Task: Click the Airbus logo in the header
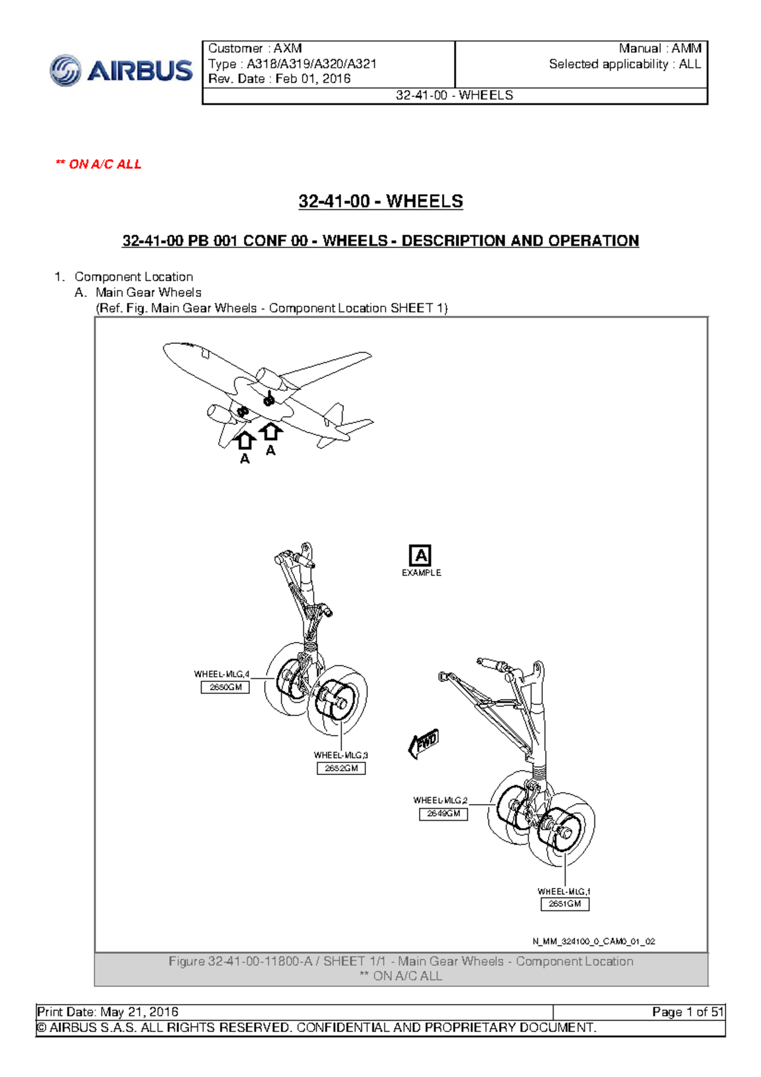coord(121,70)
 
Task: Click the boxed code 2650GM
coord(225,687)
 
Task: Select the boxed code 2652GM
coord(341,768)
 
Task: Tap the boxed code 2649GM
coord(443,813)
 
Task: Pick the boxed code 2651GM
coord(564,904)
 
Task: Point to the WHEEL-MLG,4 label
coord(221,674)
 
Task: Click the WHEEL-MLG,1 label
coord(564,891)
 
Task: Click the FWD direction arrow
coord(424,743)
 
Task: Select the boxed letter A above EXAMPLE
coord(420,556)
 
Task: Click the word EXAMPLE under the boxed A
coord(421,573)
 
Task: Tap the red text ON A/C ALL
coord(99,164)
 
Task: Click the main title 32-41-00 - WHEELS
coord(380,202)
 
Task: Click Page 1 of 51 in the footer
coord(687,1012)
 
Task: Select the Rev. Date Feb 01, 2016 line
coord(279,79)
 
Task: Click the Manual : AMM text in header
coord(660,48)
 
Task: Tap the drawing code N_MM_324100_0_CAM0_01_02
coord(594,941)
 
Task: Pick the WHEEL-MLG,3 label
coord(341,755)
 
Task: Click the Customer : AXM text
coord(255,48)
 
